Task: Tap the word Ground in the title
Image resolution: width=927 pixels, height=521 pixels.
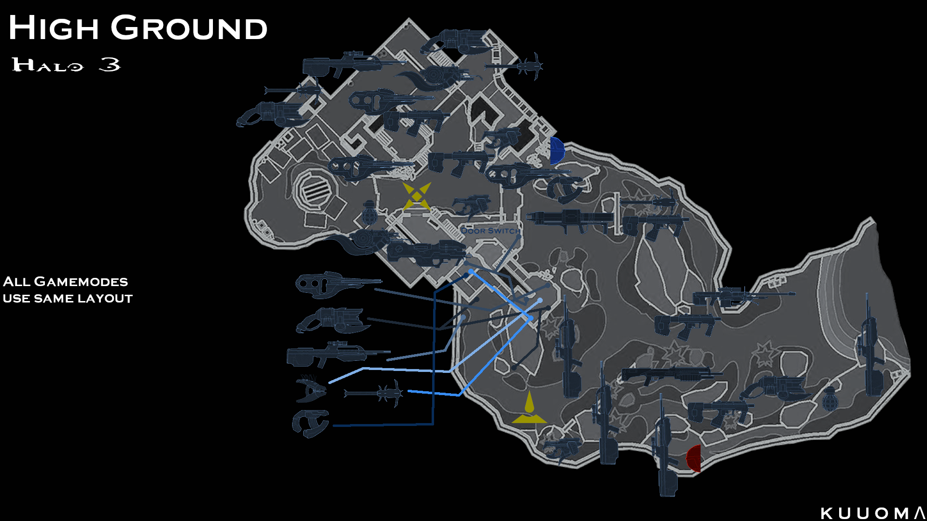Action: pyautogui.click(x=189, y=28)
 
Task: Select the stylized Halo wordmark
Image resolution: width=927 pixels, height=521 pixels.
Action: pyautogui.click(x=48, y=65)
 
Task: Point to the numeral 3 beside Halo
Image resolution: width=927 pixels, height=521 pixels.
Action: pyautogui.click(x=110, y=64)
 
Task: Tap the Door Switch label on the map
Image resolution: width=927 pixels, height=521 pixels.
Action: pyautogui.click(x=490, y=231)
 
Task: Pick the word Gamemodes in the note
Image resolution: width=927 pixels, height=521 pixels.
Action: pyautogui.click(x=81, y=282)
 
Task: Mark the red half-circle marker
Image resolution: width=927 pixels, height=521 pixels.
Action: pyautogui.click(x=694, y=458)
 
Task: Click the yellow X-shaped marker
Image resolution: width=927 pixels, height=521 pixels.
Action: pyautogui.click(x=416, y=196)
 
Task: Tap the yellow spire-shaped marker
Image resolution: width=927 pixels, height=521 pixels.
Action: pyautogui.click(x=529, y=409)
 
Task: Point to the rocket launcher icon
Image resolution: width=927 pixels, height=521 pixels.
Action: pyautogui.click(x=570, y=219)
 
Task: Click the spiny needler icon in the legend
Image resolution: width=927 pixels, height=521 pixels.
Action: pyautogui.click(x=311, y=389)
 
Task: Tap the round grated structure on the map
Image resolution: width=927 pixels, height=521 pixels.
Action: pyautogui.click(x=314, y=191)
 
